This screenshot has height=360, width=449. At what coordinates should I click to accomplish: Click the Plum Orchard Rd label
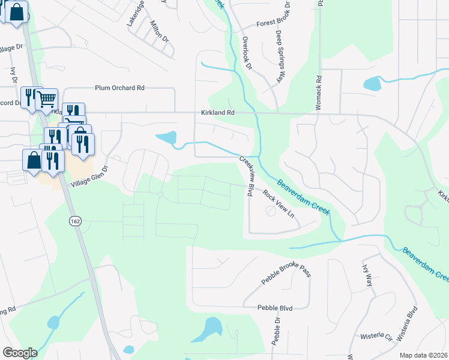point(120,88)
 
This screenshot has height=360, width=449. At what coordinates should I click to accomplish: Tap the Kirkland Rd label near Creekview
point(217,113)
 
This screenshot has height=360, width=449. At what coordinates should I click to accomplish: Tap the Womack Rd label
point(319,91)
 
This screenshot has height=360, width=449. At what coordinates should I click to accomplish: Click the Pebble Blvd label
point(274,308)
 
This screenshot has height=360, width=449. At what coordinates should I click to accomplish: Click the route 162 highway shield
point(75,221)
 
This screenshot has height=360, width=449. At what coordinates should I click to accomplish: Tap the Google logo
point(20,352)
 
